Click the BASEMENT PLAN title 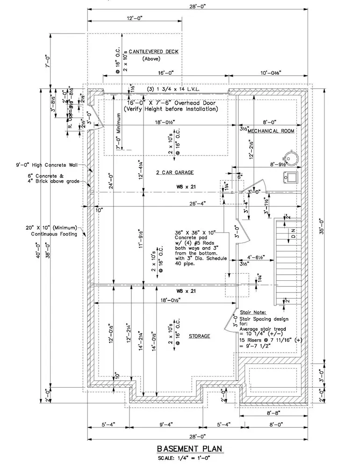pyautogui.click(x=189, y=449)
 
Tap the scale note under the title pyautogui.click(x=189, y=458)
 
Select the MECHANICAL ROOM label pyautogui.click(x=271, y=131)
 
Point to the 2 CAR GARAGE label pyautogui.click(x=175, y=172)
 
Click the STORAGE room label pyautogui.click(x=199, y=336)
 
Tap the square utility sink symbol pyautogui.click(x=291, y=177)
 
